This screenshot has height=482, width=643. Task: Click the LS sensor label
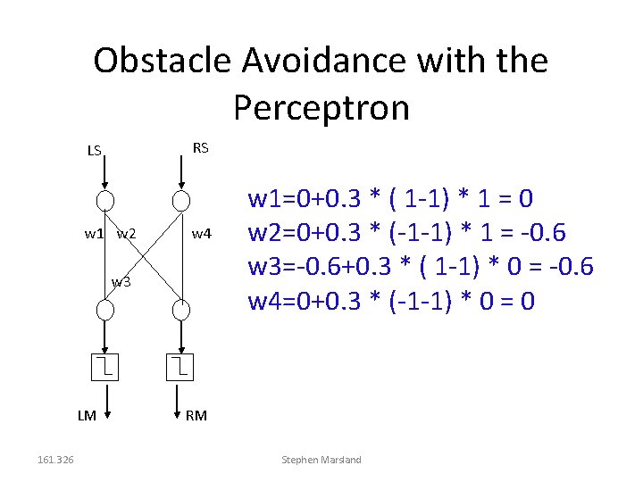[x=94, y=150]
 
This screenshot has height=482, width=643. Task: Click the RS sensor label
[x=201, y=147]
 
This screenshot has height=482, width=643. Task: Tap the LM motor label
[x=87, y=415]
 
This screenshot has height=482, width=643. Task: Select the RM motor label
[x=196, y=415]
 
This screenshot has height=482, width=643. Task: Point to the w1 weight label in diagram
[x=94, y=234]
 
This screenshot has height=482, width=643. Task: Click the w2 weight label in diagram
[x=126, y=234]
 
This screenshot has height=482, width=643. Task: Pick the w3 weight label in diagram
[x=121, y=283]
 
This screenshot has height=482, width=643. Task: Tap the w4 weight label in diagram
[x=202, y=234]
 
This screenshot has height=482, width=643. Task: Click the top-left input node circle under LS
[x=105, y=199]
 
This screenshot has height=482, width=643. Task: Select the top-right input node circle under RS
[x=181, y=199]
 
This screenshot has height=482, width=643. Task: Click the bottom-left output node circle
[x=105, y=310]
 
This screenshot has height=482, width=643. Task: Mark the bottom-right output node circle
[x=181, y=310]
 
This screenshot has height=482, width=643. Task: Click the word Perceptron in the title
[x=321, y=107]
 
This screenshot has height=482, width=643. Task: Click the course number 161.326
[x=55, y=460]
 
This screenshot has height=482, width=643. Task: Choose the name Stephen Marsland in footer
[x=321, y=460]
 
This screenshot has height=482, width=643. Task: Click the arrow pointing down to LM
[x=105, y=402]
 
